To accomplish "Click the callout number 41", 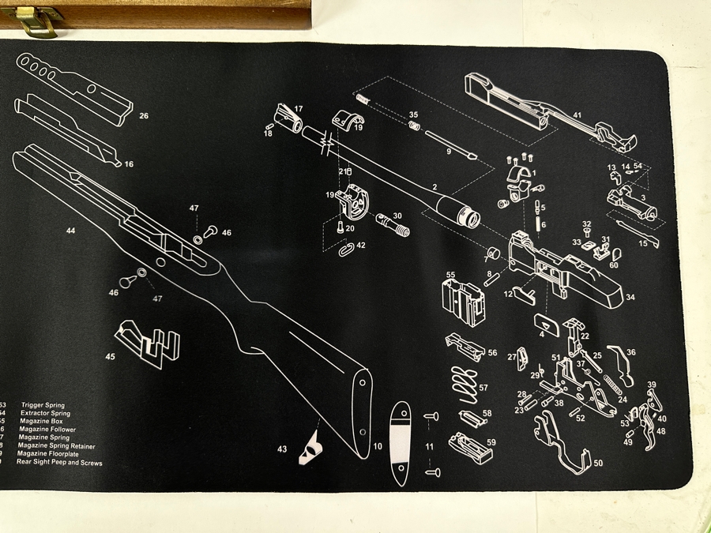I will (577, 115).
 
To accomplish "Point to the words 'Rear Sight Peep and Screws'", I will (59, 461).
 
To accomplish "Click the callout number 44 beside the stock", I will (70, 231).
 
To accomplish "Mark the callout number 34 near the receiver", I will (630, 297).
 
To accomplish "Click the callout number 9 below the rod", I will (449, 151).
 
